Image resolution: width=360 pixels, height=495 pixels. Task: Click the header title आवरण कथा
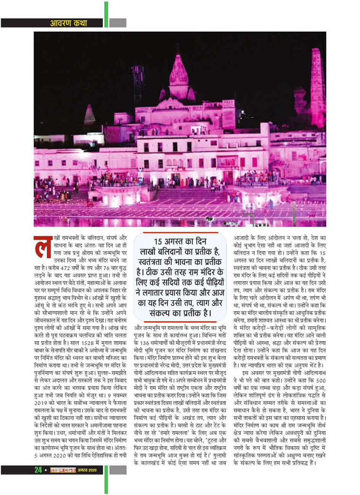69,23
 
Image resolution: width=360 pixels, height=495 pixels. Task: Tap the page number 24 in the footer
38,470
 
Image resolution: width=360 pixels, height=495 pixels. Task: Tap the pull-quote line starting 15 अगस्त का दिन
179,241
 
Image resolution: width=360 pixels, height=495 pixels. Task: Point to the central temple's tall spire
178,72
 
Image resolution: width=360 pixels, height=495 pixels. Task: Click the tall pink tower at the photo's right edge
317,88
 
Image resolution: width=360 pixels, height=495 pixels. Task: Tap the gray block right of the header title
117,23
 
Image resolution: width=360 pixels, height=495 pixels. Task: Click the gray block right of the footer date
118,470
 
